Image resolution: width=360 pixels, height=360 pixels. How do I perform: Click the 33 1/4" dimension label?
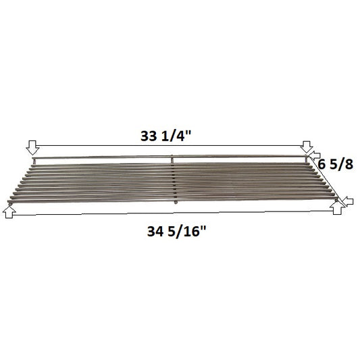[x=165, y=136]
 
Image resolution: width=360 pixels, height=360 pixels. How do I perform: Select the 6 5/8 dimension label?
[x=336, y=164]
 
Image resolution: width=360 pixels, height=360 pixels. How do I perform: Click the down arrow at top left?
[x=32, y=148]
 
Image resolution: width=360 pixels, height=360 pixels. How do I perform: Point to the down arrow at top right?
[x=307, y=147]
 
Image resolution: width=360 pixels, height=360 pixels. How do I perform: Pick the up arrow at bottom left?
[x=9, y=211]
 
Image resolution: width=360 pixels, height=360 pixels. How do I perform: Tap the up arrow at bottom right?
[x=337, y=208]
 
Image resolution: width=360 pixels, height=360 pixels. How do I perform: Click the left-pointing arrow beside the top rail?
[x=315, y=155]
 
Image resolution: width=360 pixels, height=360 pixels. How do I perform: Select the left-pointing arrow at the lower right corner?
[x=347, y=201]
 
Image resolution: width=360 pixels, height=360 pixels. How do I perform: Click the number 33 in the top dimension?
[x=149, y=136]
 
